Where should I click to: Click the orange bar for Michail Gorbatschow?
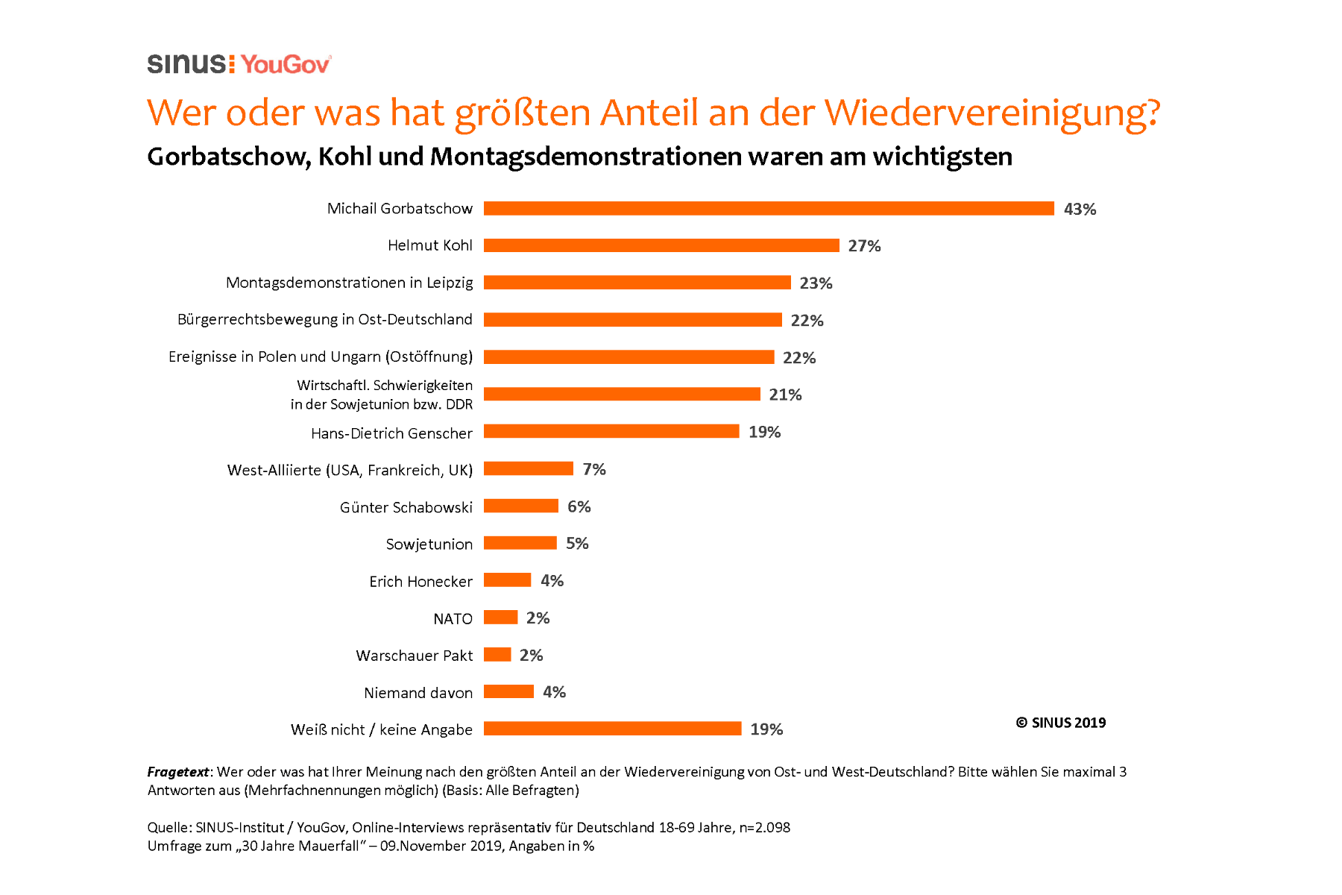pyautogui.click(x=769, y=209)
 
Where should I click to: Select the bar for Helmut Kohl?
pyautogui.click(x=661, y=245)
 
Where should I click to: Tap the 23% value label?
pyautogui.click(x=816, y=283)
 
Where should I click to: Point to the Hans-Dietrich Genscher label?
pyautogui.click(x=391, y=433)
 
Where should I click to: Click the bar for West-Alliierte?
pyautogui.click(x=529, y=468)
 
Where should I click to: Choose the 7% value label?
pyautogui.click(x=594, y=469)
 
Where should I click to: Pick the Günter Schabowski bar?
pyautogui.click(x=521, y=506)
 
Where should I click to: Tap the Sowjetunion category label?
pyautogui.click(x=429, y=544)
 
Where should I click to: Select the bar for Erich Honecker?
pyautogui.click(x=508, y=580)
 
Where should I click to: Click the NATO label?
pyautogui.click(x=453, y=619)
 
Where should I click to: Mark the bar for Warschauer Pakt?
pyautogui.click(x=497, y=654)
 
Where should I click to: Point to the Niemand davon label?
pyautogui.click(x=418, y=693)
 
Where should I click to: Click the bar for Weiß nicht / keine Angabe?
pyautogui.click(x=612, y=729)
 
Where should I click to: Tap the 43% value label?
pyautogui.click(x=1080, y=210)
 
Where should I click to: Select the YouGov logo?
pyautogui.click(x=286, y=65)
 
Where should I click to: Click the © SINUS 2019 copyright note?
pyautogui.click(x=1060, y=723)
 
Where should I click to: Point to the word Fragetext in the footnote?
pyautogui.click(x=178, y=772)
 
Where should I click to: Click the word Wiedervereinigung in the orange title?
pyautogui.click(x=992, y=113)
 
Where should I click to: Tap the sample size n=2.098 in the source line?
pyautogui.click(x=764, y=827)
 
